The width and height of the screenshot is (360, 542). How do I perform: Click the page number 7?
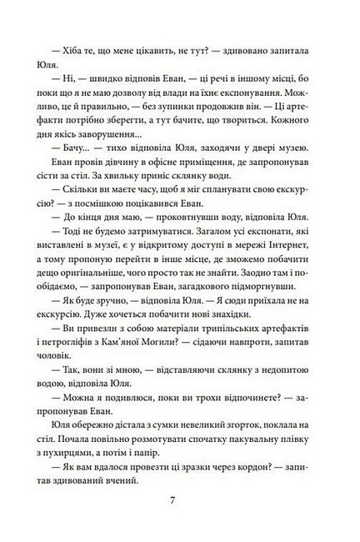[x=179, y=503]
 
